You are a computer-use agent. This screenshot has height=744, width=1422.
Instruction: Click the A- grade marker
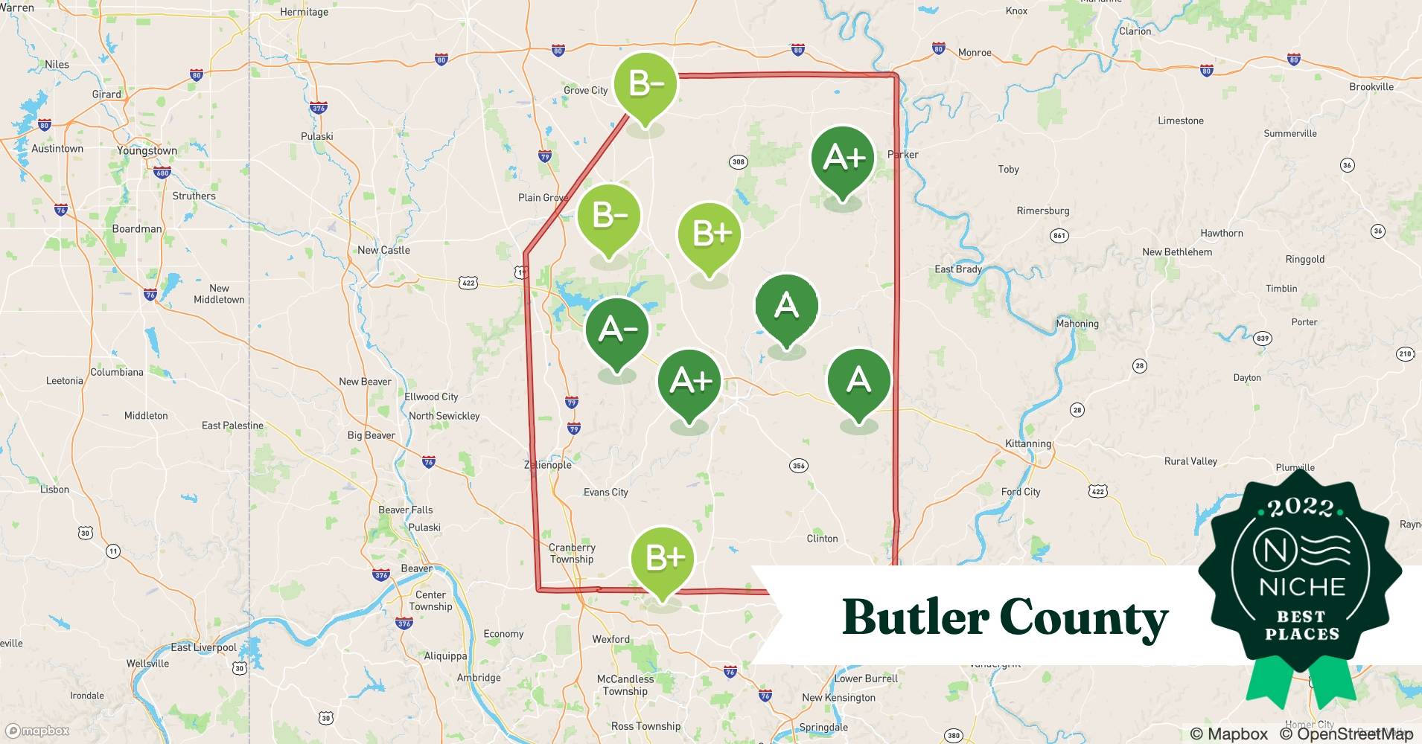(x=616, y=329)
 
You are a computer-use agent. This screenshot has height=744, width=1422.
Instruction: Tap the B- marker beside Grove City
(x=645, y=83)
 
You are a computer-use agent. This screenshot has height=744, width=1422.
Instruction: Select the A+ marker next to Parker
(x=843, y=158)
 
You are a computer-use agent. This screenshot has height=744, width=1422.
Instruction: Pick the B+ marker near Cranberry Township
(x=663, y=558)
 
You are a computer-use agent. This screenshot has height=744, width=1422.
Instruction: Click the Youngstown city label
(x=147, y=150)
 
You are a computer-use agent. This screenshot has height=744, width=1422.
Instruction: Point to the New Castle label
(x=383, y=250)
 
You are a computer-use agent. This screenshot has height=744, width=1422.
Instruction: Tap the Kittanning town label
(x=1028, y=443)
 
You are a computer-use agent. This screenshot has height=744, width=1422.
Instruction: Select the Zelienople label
(x=548, y=465)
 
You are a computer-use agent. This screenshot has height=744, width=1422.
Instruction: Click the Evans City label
(x=605, y=492)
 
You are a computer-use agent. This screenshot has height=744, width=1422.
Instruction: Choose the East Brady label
(x=958, y=269)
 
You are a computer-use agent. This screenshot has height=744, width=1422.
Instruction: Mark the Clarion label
(x=1135, y=31)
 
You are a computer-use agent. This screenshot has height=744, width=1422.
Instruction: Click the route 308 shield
(x=738, y=161)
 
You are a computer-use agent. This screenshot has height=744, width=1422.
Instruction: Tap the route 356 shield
(x=798, y=466)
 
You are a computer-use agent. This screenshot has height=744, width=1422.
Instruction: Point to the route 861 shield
(x=1059, y=235)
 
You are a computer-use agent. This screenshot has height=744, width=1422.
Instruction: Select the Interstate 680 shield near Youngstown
(x=162, y=173)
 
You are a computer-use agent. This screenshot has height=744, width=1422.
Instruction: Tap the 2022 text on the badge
(x=1301, y=508)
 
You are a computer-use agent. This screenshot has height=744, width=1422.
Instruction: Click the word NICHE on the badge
(x=1301, y=587)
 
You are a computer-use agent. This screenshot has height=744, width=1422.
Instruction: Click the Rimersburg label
(x=1042, y=211)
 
